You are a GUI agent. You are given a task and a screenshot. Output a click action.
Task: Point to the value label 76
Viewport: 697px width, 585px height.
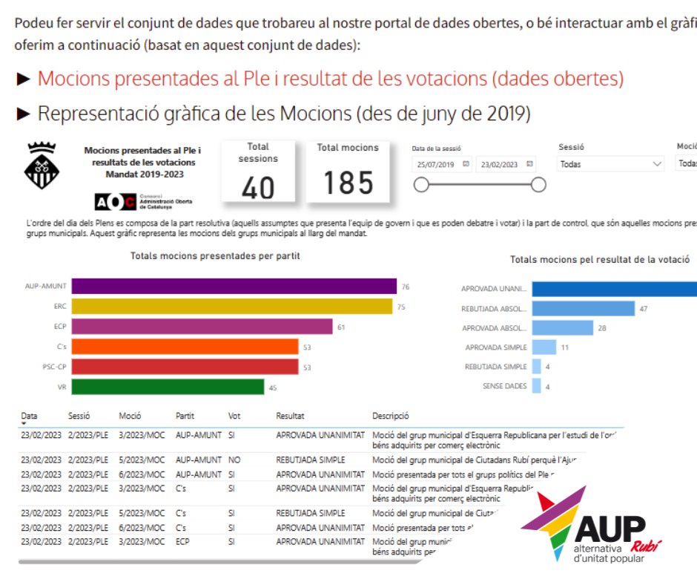(406, 287)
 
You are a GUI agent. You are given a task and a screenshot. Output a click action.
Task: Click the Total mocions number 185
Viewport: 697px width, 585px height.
(348, 183)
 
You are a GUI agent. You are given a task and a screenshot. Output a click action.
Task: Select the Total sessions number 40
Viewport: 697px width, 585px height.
(258, 188)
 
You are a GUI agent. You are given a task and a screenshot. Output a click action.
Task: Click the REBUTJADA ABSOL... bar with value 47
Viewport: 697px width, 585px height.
(583, 308)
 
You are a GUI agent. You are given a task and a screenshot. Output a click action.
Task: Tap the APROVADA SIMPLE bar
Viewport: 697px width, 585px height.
(544, 347)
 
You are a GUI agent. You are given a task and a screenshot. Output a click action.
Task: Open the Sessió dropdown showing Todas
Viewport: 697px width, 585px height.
(611, 164)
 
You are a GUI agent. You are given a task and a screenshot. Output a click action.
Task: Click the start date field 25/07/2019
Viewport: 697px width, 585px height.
(442, 164)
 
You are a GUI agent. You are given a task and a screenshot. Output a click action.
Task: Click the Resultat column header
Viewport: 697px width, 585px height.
(290, 416)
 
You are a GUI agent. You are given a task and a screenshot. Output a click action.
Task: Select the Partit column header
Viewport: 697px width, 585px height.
(185, 416)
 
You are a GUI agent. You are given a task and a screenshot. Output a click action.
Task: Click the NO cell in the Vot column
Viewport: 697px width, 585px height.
(234, 460)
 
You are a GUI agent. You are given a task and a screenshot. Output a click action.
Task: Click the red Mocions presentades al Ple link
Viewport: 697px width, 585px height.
(330, 79)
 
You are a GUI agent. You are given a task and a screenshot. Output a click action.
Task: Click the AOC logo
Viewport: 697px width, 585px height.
(116, 201)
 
